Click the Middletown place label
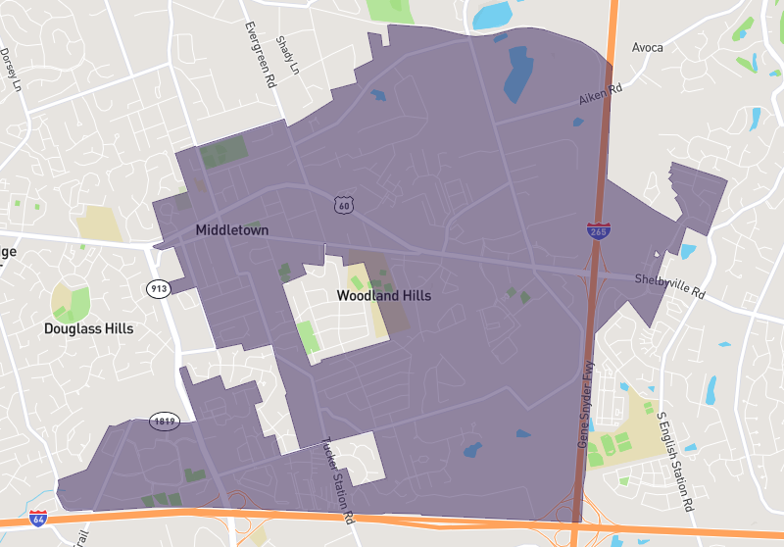231,230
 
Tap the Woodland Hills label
383,295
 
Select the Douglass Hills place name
88,328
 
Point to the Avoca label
647,47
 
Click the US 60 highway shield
341,205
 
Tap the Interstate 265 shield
598,231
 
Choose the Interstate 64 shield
37,518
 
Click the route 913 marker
158,288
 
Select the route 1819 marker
164,422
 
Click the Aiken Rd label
601,95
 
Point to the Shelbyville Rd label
669,285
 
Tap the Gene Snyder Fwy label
587,405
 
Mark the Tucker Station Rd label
335,479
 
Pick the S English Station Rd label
675,461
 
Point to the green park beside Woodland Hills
308,336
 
